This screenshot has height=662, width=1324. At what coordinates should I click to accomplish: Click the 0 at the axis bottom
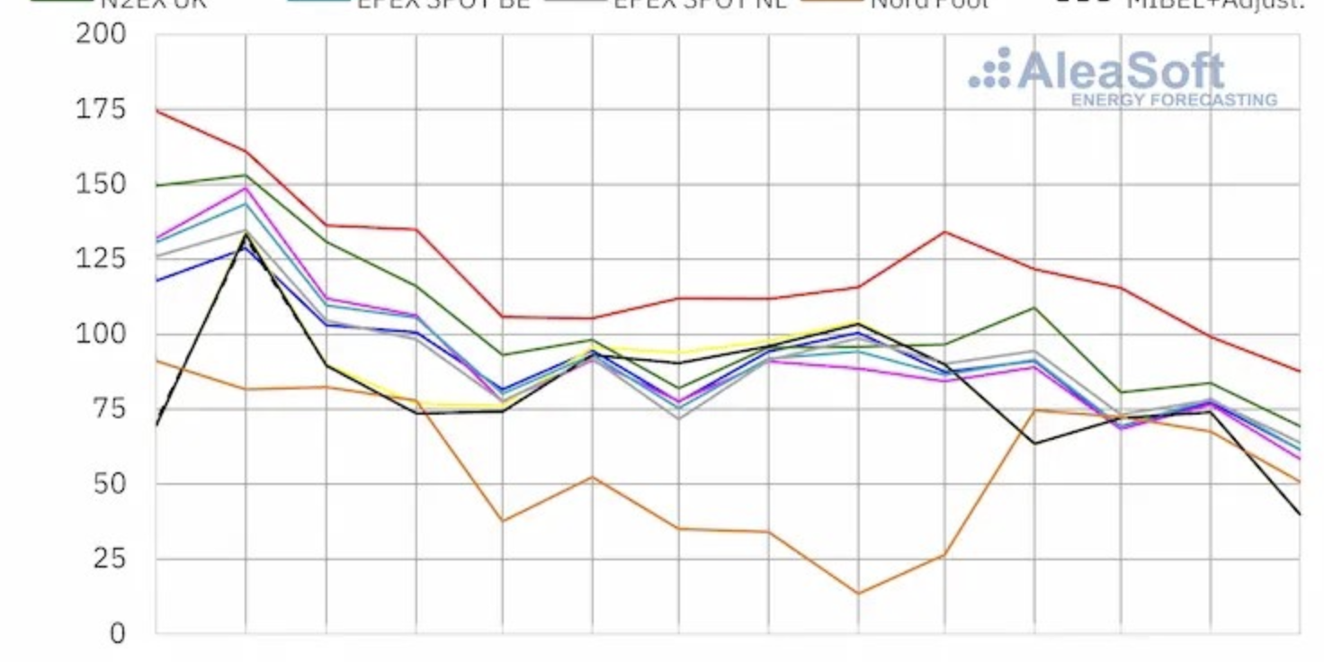coord(118,633)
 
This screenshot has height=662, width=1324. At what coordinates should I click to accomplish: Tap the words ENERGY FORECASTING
coord(1173,100)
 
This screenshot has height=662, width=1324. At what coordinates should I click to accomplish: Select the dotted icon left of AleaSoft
coord(989,68)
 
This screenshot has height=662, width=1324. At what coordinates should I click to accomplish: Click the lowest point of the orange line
coord(858,594)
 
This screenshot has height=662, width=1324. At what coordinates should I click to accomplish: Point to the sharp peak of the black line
coord(246,236)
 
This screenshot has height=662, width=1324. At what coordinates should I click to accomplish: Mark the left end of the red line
coord(157,110)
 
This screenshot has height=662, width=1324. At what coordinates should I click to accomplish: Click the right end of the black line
coord(1299,514)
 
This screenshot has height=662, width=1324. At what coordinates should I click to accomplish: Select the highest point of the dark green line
coord(246,174)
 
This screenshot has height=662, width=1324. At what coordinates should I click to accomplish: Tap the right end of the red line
coord(1299,371)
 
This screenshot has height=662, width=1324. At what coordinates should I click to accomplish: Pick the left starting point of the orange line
coord(157,360)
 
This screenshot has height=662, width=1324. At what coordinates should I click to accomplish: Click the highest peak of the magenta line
coord(246,188)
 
